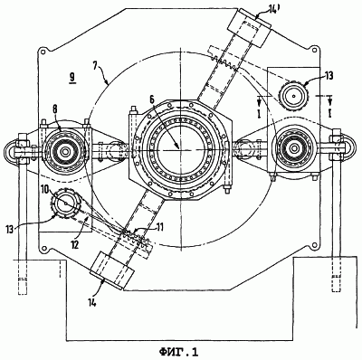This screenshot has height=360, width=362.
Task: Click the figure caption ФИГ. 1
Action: click(x=179, y=352)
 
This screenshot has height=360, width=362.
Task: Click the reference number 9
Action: click(x=72, y=78)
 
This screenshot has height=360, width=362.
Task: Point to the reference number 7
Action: click(x=94, y=66)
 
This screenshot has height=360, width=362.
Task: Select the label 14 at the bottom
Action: click(x=91, y=302)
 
